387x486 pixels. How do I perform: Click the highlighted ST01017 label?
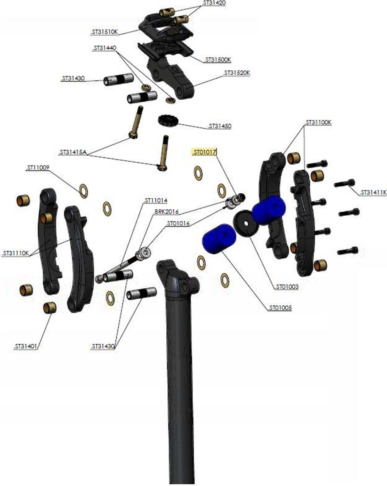click(204, 152)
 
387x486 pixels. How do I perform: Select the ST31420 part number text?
click(214, 3)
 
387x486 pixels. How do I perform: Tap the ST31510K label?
click(105, 32)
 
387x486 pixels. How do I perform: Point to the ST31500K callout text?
click(218, 59)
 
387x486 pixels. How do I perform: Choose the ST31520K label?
click(237, 73)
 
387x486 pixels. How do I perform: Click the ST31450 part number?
click(220, 126)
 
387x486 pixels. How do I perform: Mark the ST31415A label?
click(73, 152)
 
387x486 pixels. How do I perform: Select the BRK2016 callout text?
click(166, 212)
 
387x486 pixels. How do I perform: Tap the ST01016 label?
click(178, 223)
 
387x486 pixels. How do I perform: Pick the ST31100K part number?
click(318, 122)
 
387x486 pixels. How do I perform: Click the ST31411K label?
click(373, 192)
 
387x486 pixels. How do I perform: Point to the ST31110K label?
click(15, 253)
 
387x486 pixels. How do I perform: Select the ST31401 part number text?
click(26, 346)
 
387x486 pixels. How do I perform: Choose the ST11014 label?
click(156, 201)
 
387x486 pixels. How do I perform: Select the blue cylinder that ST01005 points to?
click(219, 238)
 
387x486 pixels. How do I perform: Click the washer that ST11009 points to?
click(84, 191)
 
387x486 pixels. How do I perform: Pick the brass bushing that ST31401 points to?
click(49, 308)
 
